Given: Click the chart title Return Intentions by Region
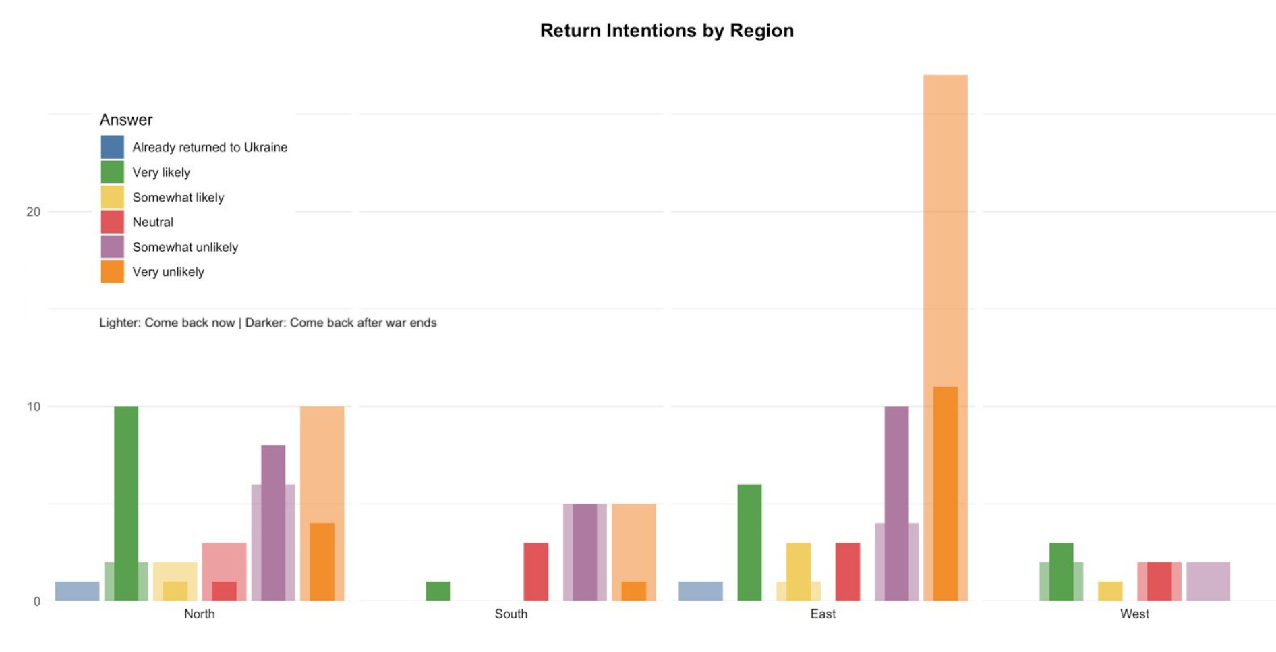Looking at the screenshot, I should click(666, 31).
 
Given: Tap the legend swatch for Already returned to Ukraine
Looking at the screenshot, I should click(112, 147).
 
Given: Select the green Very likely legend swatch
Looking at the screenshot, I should click(112, 172).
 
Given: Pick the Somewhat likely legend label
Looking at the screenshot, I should click(178, 198).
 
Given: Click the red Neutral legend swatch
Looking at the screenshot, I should click(112, 222).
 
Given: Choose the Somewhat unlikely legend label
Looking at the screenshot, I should click(185, 247).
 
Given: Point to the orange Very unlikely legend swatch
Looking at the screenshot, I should click(112, 271).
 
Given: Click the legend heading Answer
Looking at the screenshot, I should click(126, 120).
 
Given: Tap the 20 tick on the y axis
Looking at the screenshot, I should click(33, 212).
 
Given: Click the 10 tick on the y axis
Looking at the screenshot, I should click(33, 407).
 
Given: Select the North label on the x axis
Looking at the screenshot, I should click(200, 614).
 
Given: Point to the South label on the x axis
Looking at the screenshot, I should click(511, 614).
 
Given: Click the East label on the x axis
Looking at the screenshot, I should click(823, 614).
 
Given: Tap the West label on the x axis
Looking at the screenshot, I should click(1134, 614).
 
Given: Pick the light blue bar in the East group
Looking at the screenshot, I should click(701, 591).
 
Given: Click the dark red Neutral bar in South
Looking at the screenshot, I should click(536, 572).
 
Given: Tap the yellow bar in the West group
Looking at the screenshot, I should click(1110, 591).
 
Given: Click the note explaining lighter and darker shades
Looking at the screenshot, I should click(268, 323).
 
